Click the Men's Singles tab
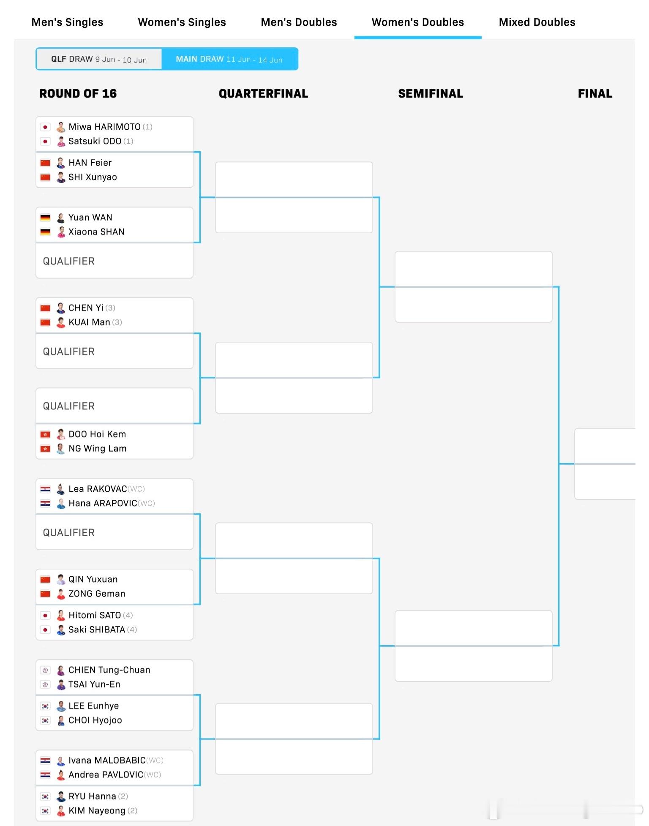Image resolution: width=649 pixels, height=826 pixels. tap(67, 22)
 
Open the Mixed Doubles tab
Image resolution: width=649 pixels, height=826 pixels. tap(537, 22)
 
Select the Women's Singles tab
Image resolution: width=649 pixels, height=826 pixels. tap(182, 22)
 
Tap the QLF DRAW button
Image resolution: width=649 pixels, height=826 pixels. tap(99, 59)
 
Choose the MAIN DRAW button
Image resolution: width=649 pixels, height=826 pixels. tap(229, 59)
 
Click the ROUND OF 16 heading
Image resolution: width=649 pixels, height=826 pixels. tap(78, 93)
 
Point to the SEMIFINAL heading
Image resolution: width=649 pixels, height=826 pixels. tap(431, 93)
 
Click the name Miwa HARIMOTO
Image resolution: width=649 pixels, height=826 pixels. tap(104, 127)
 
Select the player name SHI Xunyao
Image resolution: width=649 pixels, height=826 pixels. tap(93, 177)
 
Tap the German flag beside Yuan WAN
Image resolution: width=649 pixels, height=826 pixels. tap(45, 218)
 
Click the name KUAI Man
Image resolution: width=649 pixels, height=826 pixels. tap(89, 322)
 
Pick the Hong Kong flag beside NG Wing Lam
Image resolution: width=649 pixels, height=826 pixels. tap(45, 449)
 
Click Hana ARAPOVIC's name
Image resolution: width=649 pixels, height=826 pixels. tap(103, 503)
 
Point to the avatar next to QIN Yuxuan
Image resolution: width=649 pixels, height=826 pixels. tap(61, 579)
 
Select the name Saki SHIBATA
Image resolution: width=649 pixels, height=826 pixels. tap(97, 630)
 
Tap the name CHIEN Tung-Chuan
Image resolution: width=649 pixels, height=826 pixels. tap(109, 670)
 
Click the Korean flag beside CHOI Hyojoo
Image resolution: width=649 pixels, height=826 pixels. tap(45, 720)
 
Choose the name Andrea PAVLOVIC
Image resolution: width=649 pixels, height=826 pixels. tap(106, 774)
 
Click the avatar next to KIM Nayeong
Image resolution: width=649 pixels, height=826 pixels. tap(61, 811)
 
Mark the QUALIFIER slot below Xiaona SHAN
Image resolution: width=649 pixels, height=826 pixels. tap(114, 261)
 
